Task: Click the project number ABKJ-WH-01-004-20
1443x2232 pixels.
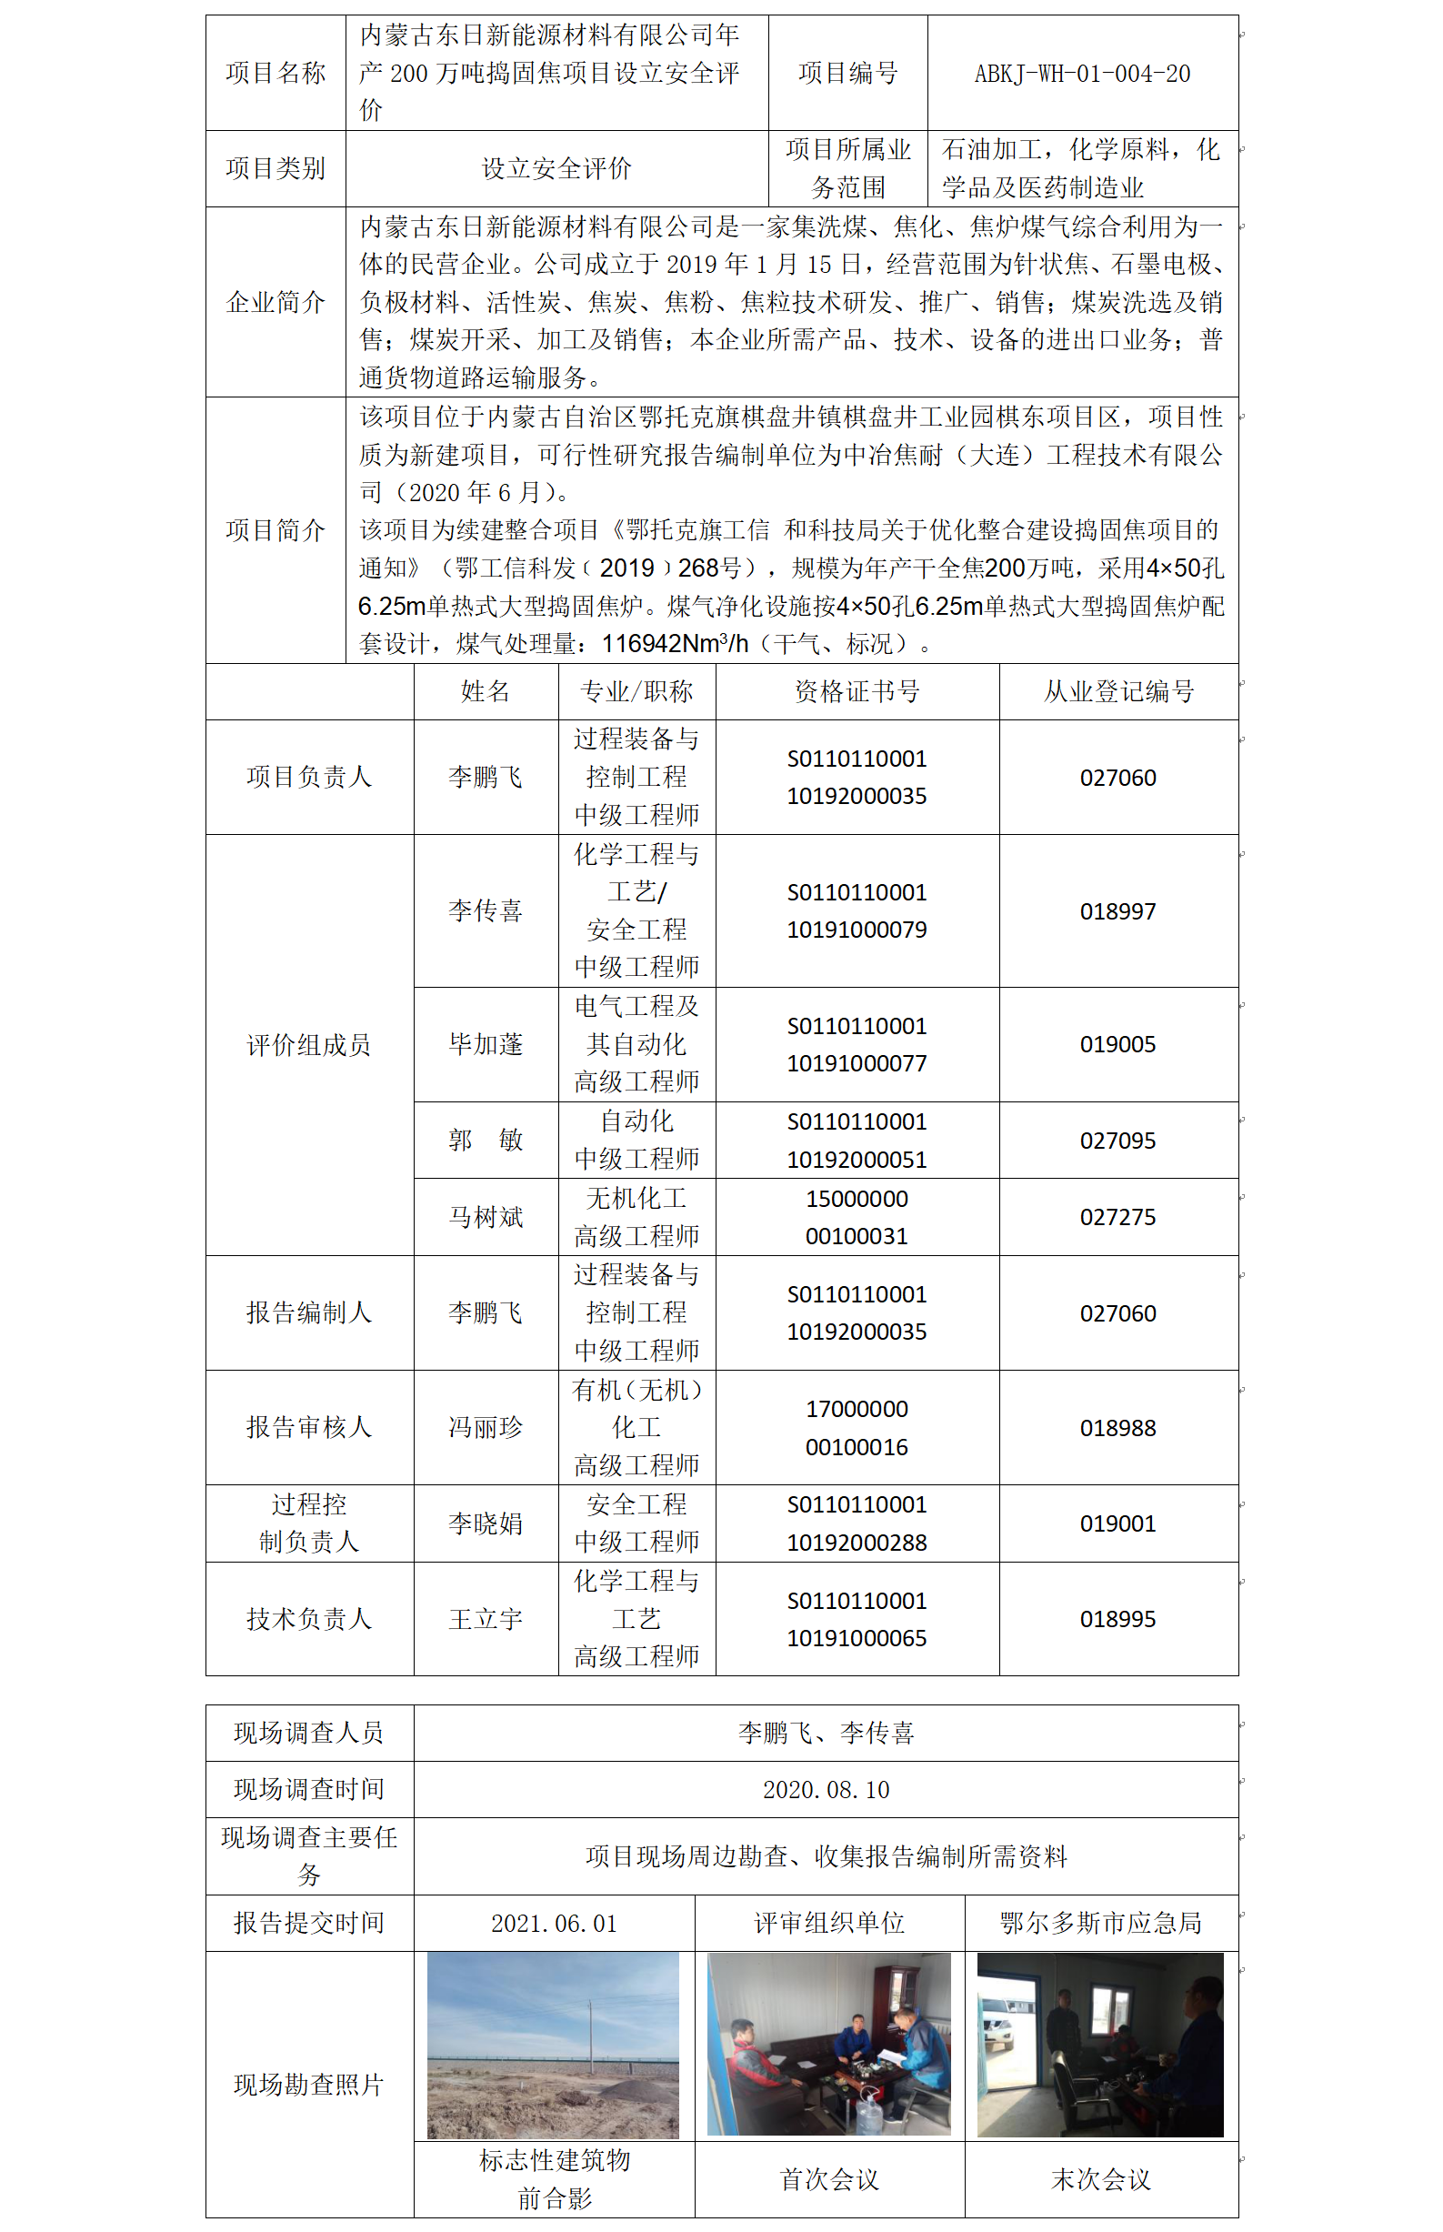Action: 1081,73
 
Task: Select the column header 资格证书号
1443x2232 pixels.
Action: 857,691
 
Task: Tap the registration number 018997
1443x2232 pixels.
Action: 1117,910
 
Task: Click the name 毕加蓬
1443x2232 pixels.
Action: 486,1044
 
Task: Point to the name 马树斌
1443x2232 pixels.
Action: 486,1217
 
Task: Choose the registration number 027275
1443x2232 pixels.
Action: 1117,1217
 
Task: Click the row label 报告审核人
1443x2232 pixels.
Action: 309,1427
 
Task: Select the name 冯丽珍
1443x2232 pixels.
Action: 486,1427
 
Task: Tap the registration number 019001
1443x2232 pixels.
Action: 1117,1523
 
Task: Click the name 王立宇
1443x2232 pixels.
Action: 486,1619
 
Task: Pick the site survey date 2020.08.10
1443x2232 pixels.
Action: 826,1790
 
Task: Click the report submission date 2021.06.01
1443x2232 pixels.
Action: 554,1924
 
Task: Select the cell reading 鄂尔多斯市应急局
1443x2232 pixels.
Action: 1100,1924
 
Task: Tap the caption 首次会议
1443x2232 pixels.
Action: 829,2179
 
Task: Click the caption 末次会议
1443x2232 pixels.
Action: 1100,2179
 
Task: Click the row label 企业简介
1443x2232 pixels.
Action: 276,302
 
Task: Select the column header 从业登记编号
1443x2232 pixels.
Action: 1117,691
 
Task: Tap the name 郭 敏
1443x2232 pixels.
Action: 486,1141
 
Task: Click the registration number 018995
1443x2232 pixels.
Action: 1117,1619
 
